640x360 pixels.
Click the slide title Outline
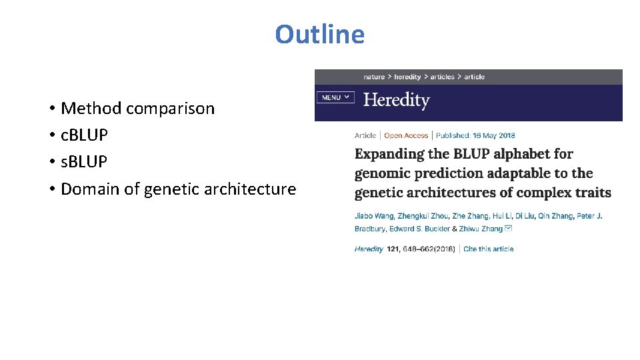319,35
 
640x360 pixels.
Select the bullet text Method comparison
137,108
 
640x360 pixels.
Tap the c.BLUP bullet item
83,135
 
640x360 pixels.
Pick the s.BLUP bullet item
83,161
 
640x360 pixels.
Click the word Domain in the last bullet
90,189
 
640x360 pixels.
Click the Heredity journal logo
396,101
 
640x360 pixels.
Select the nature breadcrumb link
373,77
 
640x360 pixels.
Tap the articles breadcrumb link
442,77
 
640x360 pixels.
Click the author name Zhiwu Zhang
481,229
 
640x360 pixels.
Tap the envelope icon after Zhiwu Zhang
509,229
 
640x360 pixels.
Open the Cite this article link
488,249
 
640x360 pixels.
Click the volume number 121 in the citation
395,249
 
